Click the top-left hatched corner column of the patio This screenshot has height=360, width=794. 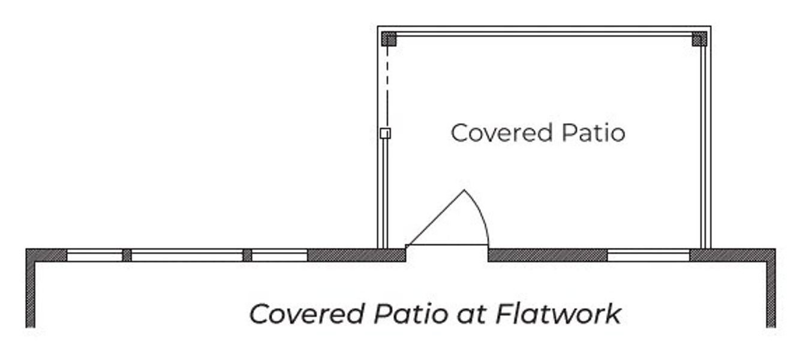[389, 38]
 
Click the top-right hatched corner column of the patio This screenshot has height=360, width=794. [699, 38]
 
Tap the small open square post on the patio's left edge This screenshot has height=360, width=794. [385, 133]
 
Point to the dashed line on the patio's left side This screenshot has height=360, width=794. [387, 87]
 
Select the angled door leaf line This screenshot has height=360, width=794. [435, 217]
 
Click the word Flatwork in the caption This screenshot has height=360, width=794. [558, 314]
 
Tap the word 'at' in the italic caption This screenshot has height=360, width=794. [471, 315]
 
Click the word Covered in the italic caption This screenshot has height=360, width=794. [307, 314]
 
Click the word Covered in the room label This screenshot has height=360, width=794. [501, 133]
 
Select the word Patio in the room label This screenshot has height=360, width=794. [593, 133]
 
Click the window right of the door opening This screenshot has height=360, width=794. [648, 256]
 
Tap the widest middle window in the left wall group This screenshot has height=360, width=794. [187, 256]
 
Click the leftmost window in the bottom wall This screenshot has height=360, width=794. [95, 256]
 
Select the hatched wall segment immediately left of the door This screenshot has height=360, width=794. [356, 256]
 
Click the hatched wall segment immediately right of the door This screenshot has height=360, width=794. [548, 256]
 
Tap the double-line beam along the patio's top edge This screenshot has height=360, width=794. [544, 34]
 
